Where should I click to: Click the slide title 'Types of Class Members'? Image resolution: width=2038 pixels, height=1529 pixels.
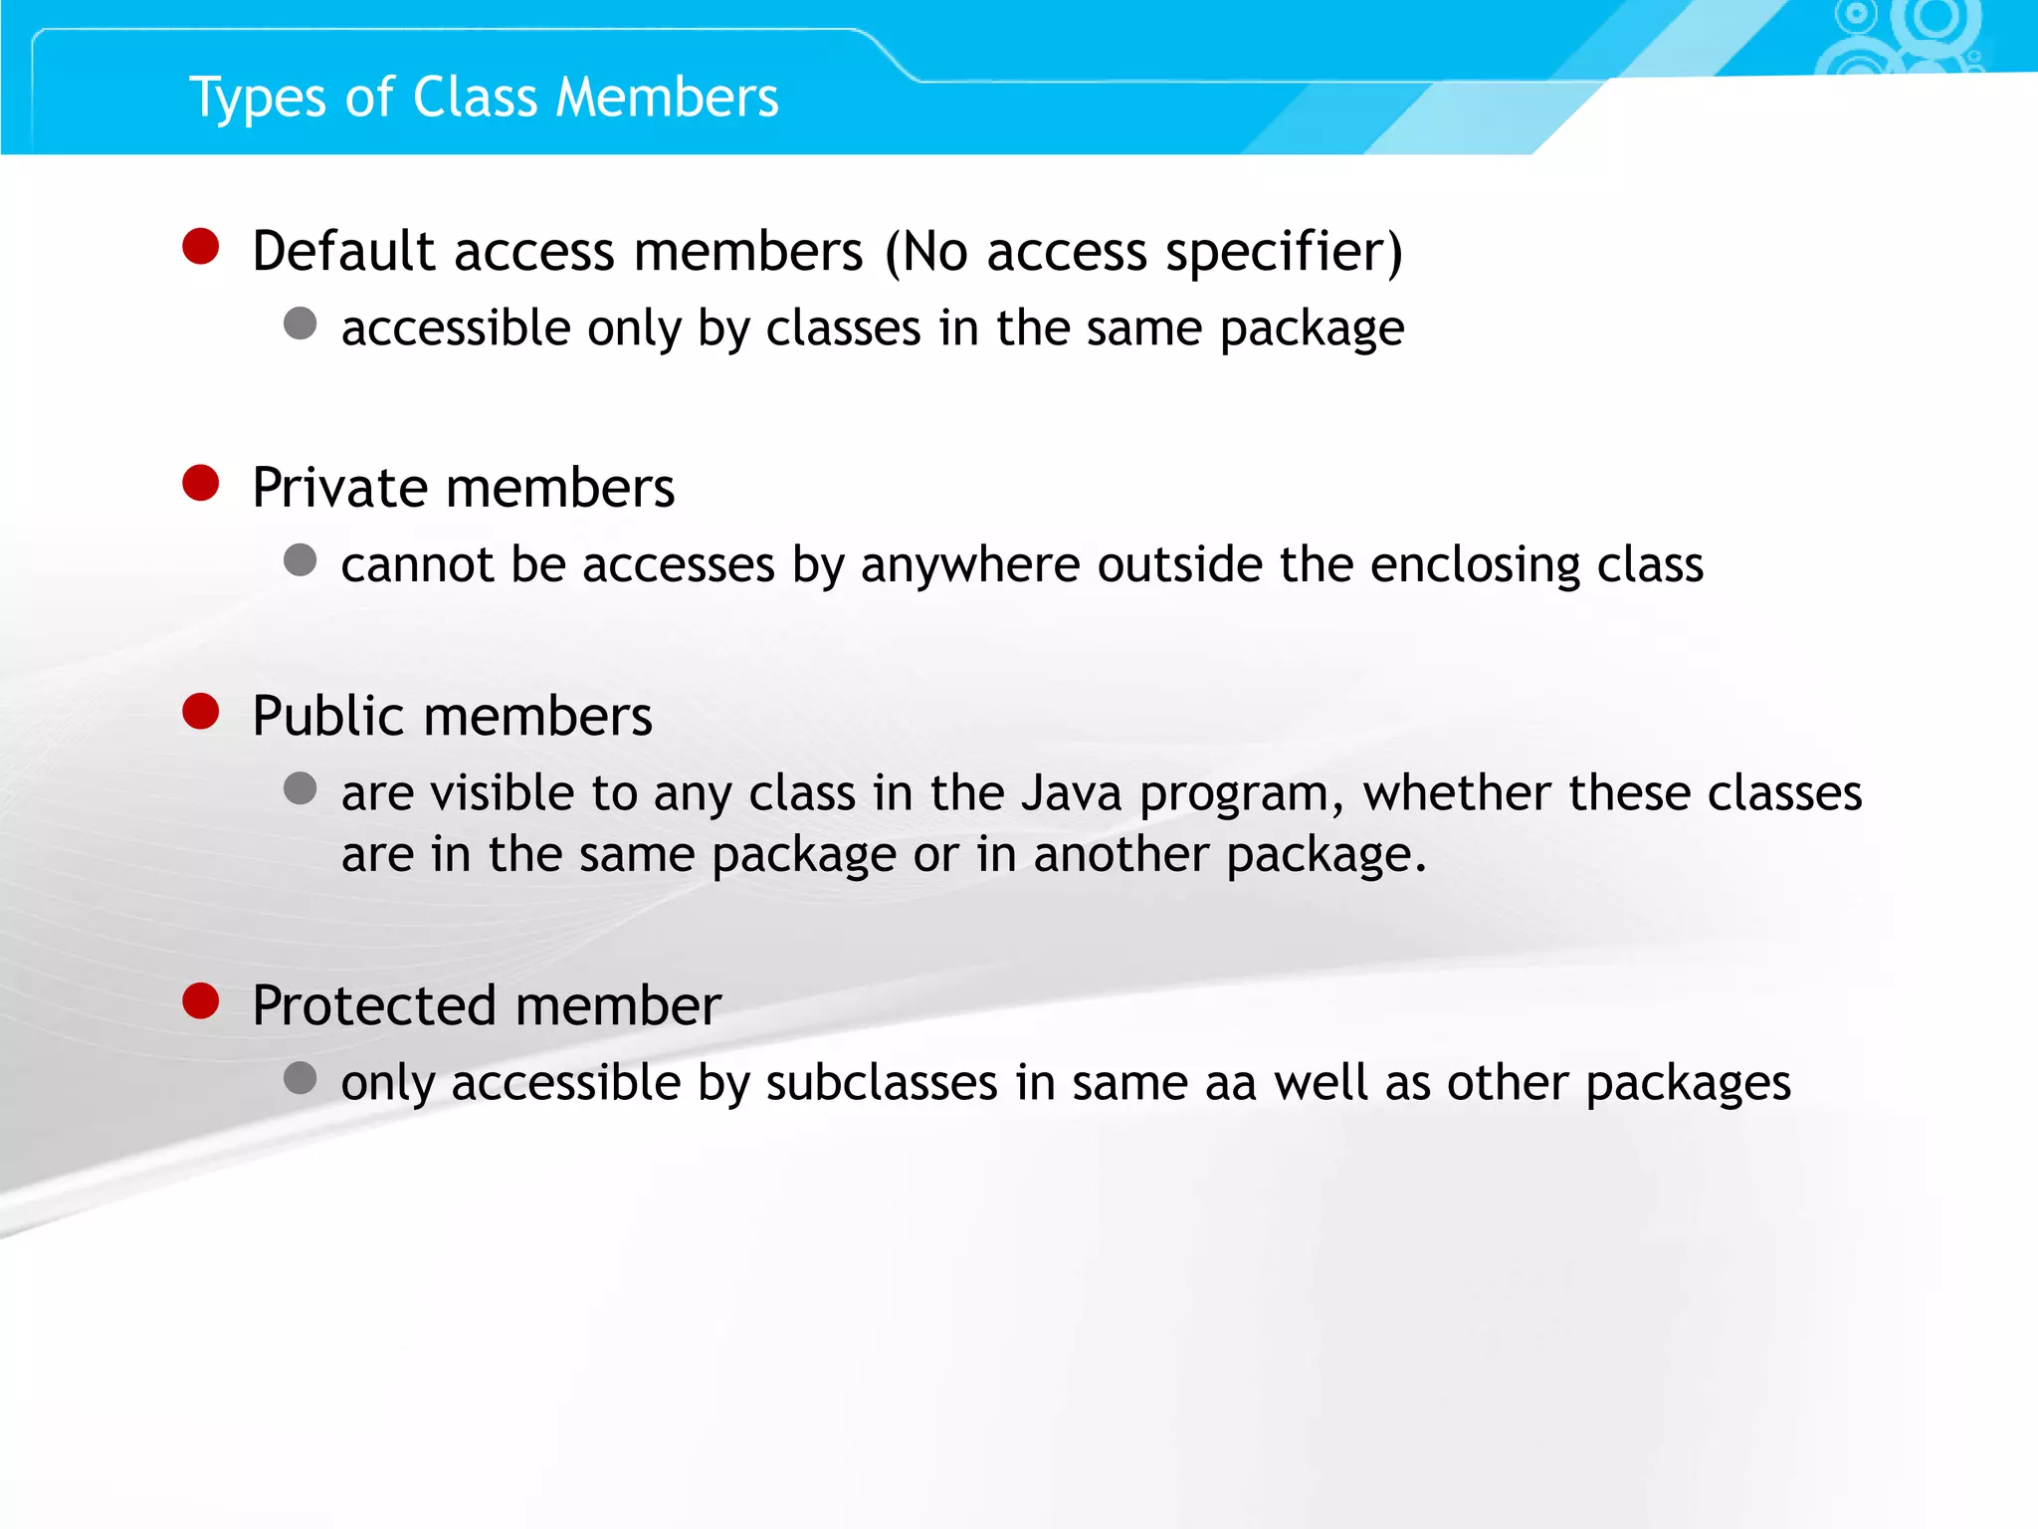[484, 99]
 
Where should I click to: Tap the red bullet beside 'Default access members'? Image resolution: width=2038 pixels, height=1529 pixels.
[201, 246]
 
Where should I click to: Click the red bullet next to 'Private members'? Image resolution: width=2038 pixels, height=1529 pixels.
[201, 483]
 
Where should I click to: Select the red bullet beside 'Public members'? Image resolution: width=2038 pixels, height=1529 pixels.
[201, 712]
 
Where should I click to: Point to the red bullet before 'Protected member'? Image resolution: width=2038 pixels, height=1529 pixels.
[201, 1000]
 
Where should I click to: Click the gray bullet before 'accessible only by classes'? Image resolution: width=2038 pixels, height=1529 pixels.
[300, 324]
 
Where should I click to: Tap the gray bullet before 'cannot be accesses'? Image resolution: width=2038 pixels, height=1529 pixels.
[300, 560]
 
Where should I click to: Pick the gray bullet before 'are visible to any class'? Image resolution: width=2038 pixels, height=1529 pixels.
[300, 789]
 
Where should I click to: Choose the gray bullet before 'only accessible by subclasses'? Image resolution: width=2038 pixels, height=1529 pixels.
[300, 1078]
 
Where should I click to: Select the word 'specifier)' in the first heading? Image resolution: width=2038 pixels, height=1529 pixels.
[1285, 251]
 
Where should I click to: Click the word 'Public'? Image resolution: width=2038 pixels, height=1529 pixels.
[330, 717]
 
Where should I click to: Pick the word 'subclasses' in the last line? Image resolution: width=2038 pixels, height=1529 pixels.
[882, 1083]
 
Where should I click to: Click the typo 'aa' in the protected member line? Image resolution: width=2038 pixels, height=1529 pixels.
[1231, 1083]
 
